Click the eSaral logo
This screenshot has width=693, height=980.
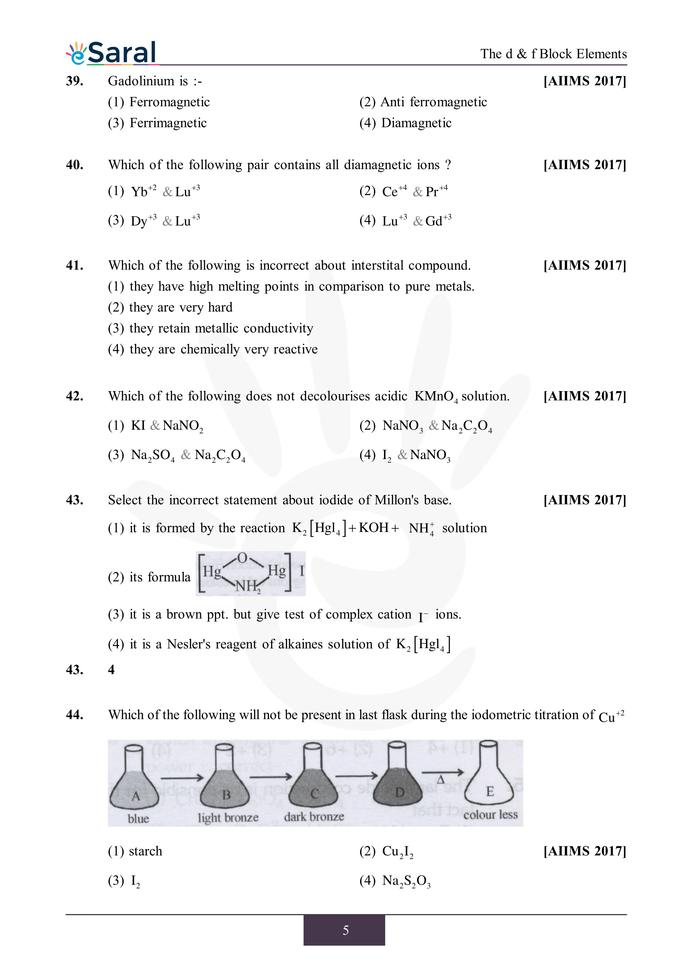click(x=112, y=53)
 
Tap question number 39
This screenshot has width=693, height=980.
click(x=74, y=81)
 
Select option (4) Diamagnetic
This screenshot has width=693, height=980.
click(x=405, y=123)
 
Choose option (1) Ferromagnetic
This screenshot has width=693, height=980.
click(x=159, y=102)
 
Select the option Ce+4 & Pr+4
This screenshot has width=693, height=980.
click(x=403, y=191)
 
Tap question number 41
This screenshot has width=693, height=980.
click(x=74, y=265)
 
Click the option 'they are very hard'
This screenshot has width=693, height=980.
click(x=170, y=307)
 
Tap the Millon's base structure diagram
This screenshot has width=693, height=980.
click(x=251, y=573)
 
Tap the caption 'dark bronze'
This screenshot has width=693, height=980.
click(x=314, y=817)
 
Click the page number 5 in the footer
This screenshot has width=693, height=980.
click(x=346, y=930)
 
